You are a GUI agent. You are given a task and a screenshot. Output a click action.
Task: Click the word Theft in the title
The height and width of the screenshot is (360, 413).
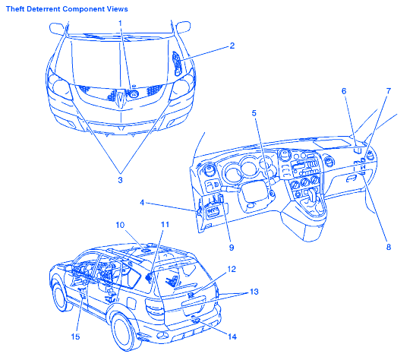(x=15, y=9)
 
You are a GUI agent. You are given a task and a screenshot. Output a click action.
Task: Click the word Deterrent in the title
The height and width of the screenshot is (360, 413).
(x=44, y=9)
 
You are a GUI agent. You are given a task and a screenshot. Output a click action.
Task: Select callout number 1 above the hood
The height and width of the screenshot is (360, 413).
(x=120, y=24)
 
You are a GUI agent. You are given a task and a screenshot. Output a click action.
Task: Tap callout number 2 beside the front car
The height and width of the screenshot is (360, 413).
(x=232, y=46)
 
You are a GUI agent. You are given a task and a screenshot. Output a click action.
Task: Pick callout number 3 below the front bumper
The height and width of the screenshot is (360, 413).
(x=120, y=180)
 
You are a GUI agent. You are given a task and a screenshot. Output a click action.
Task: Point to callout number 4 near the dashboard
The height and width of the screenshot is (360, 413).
(x=142, y=203)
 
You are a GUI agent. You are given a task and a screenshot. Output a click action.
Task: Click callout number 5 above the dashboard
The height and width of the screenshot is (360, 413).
(x=254, y=113)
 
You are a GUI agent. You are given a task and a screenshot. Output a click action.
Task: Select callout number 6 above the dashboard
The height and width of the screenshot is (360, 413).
(x=344, y=91)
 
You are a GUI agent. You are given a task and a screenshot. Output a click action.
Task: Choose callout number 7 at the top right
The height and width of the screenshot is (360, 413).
(x=389, y=91)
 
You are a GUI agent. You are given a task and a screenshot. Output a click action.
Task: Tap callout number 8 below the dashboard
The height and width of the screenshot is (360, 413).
(x=389, y=247)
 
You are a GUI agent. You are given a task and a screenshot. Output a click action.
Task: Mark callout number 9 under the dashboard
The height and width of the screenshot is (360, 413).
(x=232, y=248)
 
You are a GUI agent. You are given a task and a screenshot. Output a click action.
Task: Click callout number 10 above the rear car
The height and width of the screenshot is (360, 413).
(x=120, y=225)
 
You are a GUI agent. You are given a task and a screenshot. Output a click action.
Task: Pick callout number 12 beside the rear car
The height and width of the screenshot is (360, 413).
(x=232, y=270)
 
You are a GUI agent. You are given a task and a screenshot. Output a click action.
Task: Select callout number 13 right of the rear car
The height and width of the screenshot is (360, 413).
(x=254, y=292)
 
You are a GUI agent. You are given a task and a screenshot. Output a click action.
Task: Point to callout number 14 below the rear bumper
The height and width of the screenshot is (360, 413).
(x=232, y=336)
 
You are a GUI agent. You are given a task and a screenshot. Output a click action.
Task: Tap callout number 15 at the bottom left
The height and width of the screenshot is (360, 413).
(x=75, y=336)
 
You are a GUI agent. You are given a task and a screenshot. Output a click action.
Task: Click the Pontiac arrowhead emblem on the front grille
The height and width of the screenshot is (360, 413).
(x=121, y=98)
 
